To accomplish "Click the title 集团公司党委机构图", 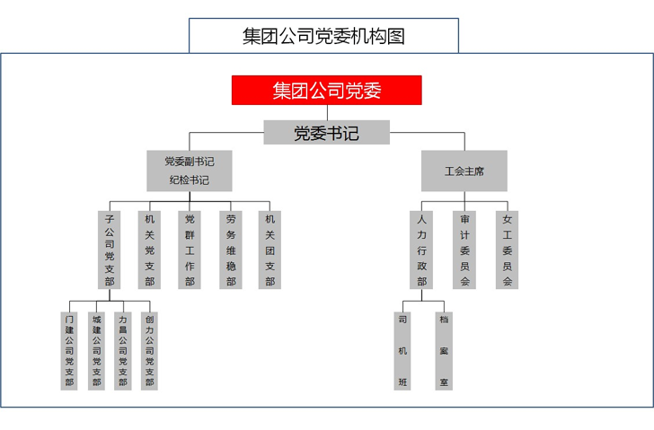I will (x=323, y=36).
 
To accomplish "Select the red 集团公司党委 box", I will (x=326, y=90).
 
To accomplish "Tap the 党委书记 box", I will (x=326, y=133).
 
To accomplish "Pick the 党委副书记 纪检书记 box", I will (x=189, y=171).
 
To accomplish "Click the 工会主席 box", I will (x=464, y=171).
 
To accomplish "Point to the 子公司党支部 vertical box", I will (x=110, y=250).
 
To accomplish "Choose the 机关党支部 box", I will (x=149, y=250).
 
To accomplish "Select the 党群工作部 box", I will (x=190, y=250).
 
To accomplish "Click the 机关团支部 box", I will (x=270, y=250).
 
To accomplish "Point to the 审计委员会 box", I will (x=464, y=250).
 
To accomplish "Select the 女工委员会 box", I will (x=507, y=250).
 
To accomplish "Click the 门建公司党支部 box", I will (x=69, y=350).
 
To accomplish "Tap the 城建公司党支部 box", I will (x=96, y=350).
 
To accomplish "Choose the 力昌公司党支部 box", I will (x=123, y=350).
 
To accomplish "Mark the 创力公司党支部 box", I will (x=149, y=350).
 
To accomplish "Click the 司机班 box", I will (x=402, y=350).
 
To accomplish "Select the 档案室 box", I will (x=443, y=350).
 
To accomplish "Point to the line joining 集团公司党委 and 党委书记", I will (x=326, y=112).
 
